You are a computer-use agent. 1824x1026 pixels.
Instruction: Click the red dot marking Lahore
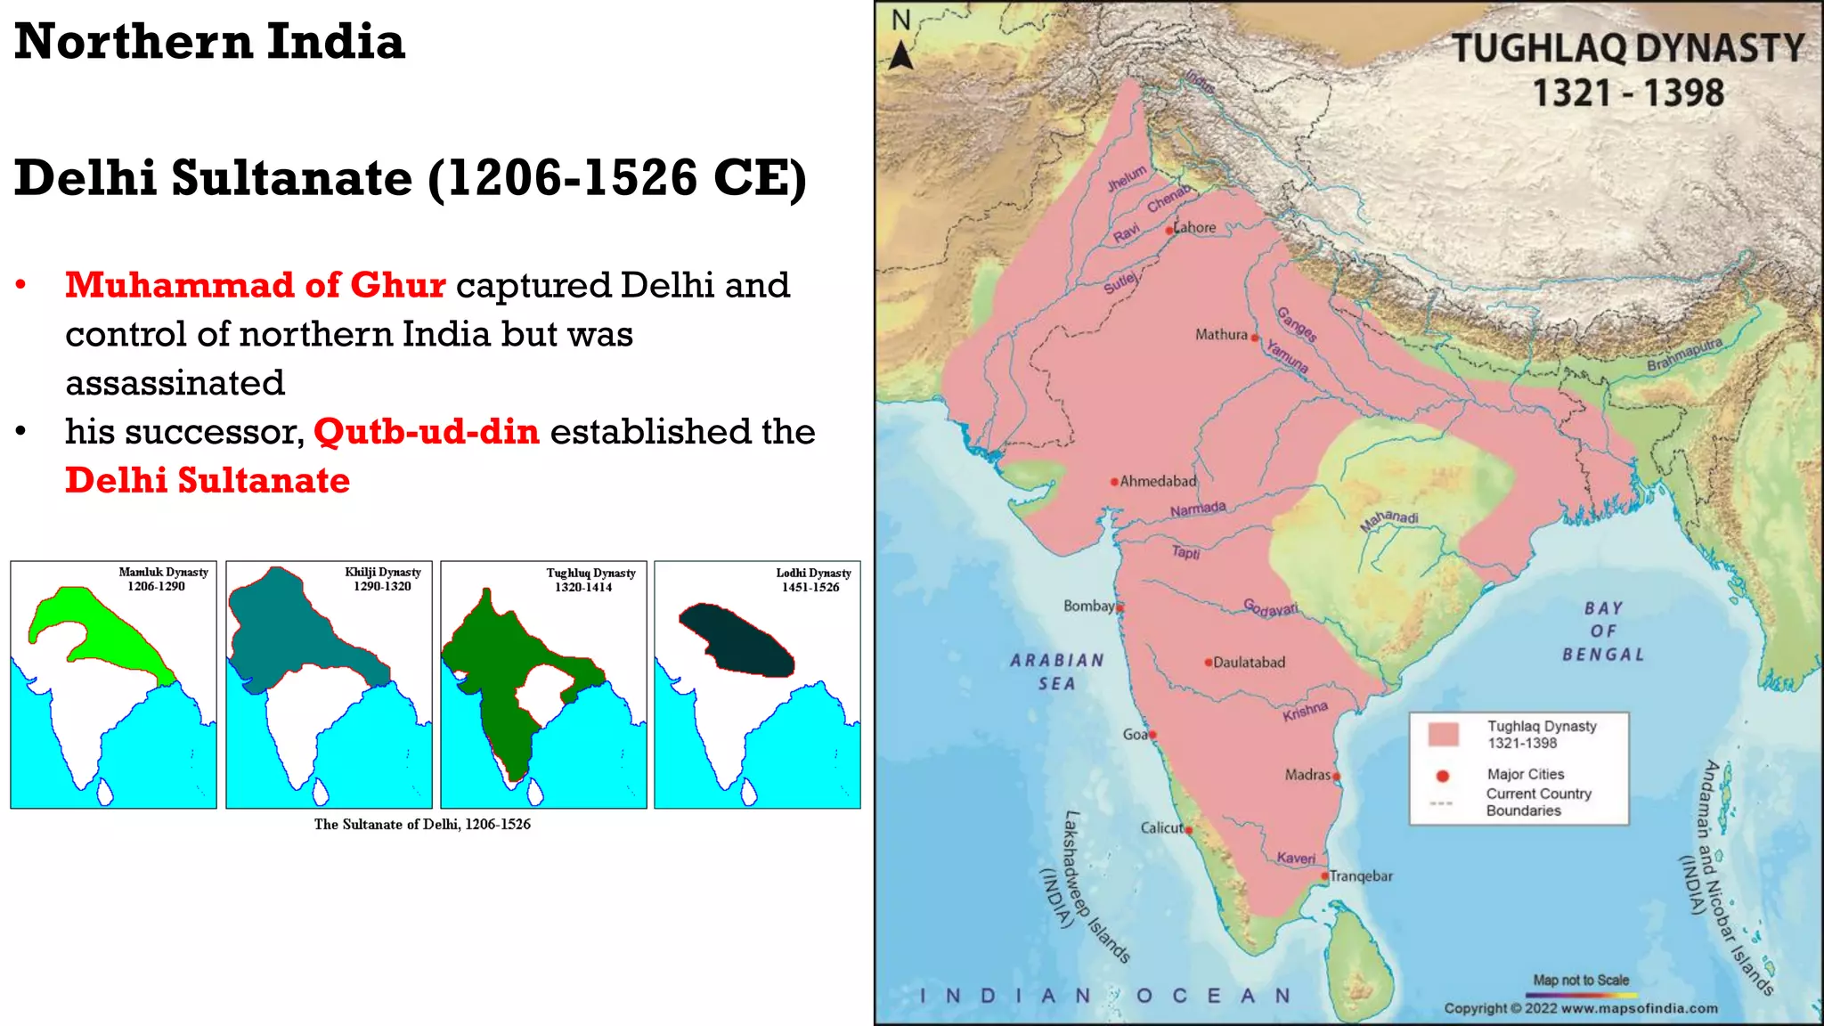[x=1170, y=231]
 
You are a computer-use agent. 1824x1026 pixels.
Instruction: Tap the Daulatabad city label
[x=1249, y=663]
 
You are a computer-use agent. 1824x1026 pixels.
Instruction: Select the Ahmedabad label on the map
[x=1158, y=482]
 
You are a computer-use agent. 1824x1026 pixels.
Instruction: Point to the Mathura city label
[x=1221, y=335]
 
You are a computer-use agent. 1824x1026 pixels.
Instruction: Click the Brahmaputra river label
[x=1684, y=354]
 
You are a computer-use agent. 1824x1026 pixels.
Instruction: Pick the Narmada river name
[x=1198, y=509]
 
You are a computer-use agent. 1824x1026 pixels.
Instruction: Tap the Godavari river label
[x=1270, y=608]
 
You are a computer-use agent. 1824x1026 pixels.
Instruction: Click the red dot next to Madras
[x=1336, y=777]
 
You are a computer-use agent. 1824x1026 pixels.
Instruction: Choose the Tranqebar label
[x=1361, y=876]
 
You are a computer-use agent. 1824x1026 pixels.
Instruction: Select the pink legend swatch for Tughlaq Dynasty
[x=1443, y=735]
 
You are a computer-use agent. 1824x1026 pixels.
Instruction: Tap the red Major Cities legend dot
[x=1443, y=776]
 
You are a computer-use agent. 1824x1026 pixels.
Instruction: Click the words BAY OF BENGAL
[x=1603, y=631]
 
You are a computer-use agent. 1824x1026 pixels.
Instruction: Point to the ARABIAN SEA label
[x=1057, y=672]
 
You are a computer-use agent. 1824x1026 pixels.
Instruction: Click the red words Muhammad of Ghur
[x=256, y=285]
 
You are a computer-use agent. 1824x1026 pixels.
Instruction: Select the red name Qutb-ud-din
[x=427, y=432]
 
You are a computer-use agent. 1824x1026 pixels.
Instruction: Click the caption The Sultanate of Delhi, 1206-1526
[x=422, y=825]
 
